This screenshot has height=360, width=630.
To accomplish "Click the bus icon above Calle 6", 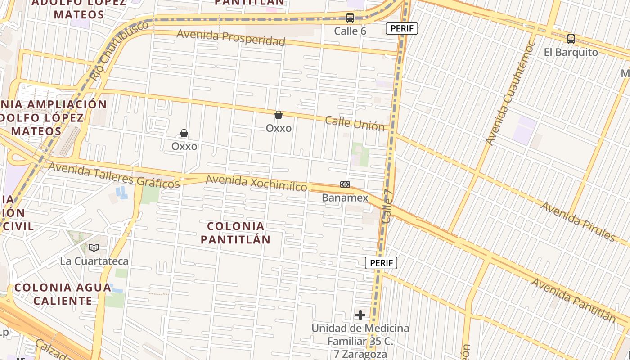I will (350, 18).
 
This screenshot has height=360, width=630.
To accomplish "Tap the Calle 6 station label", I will (350, 31).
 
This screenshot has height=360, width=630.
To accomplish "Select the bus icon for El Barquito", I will (571, 39).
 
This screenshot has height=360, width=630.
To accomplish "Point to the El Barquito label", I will (571, 52).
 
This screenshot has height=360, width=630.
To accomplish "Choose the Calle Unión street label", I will (355, 123).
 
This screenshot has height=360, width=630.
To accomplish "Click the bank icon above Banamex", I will (345, 184).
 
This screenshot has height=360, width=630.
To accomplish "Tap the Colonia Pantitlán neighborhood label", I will (235, 233).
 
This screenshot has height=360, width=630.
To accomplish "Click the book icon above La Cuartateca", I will (94, 248).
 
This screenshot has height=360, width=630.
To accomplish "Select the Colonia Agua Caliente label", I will (63, 294).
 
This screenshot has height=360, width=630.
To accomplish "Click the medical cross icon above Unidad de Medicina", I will (360, 315).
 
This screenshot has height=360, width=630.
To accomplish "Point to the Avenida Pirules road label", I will (578, 221).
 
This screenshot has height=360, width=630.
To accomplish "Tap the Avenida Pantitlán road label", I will (573, 300).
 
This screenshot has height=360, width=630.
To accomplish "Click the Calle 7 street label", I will (387, 206).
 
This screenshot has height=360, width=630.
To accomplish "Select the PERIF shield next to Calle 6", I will (402, 29).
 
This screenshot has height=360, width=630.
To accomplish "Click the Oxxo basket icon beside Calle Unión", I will (279, 115).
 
